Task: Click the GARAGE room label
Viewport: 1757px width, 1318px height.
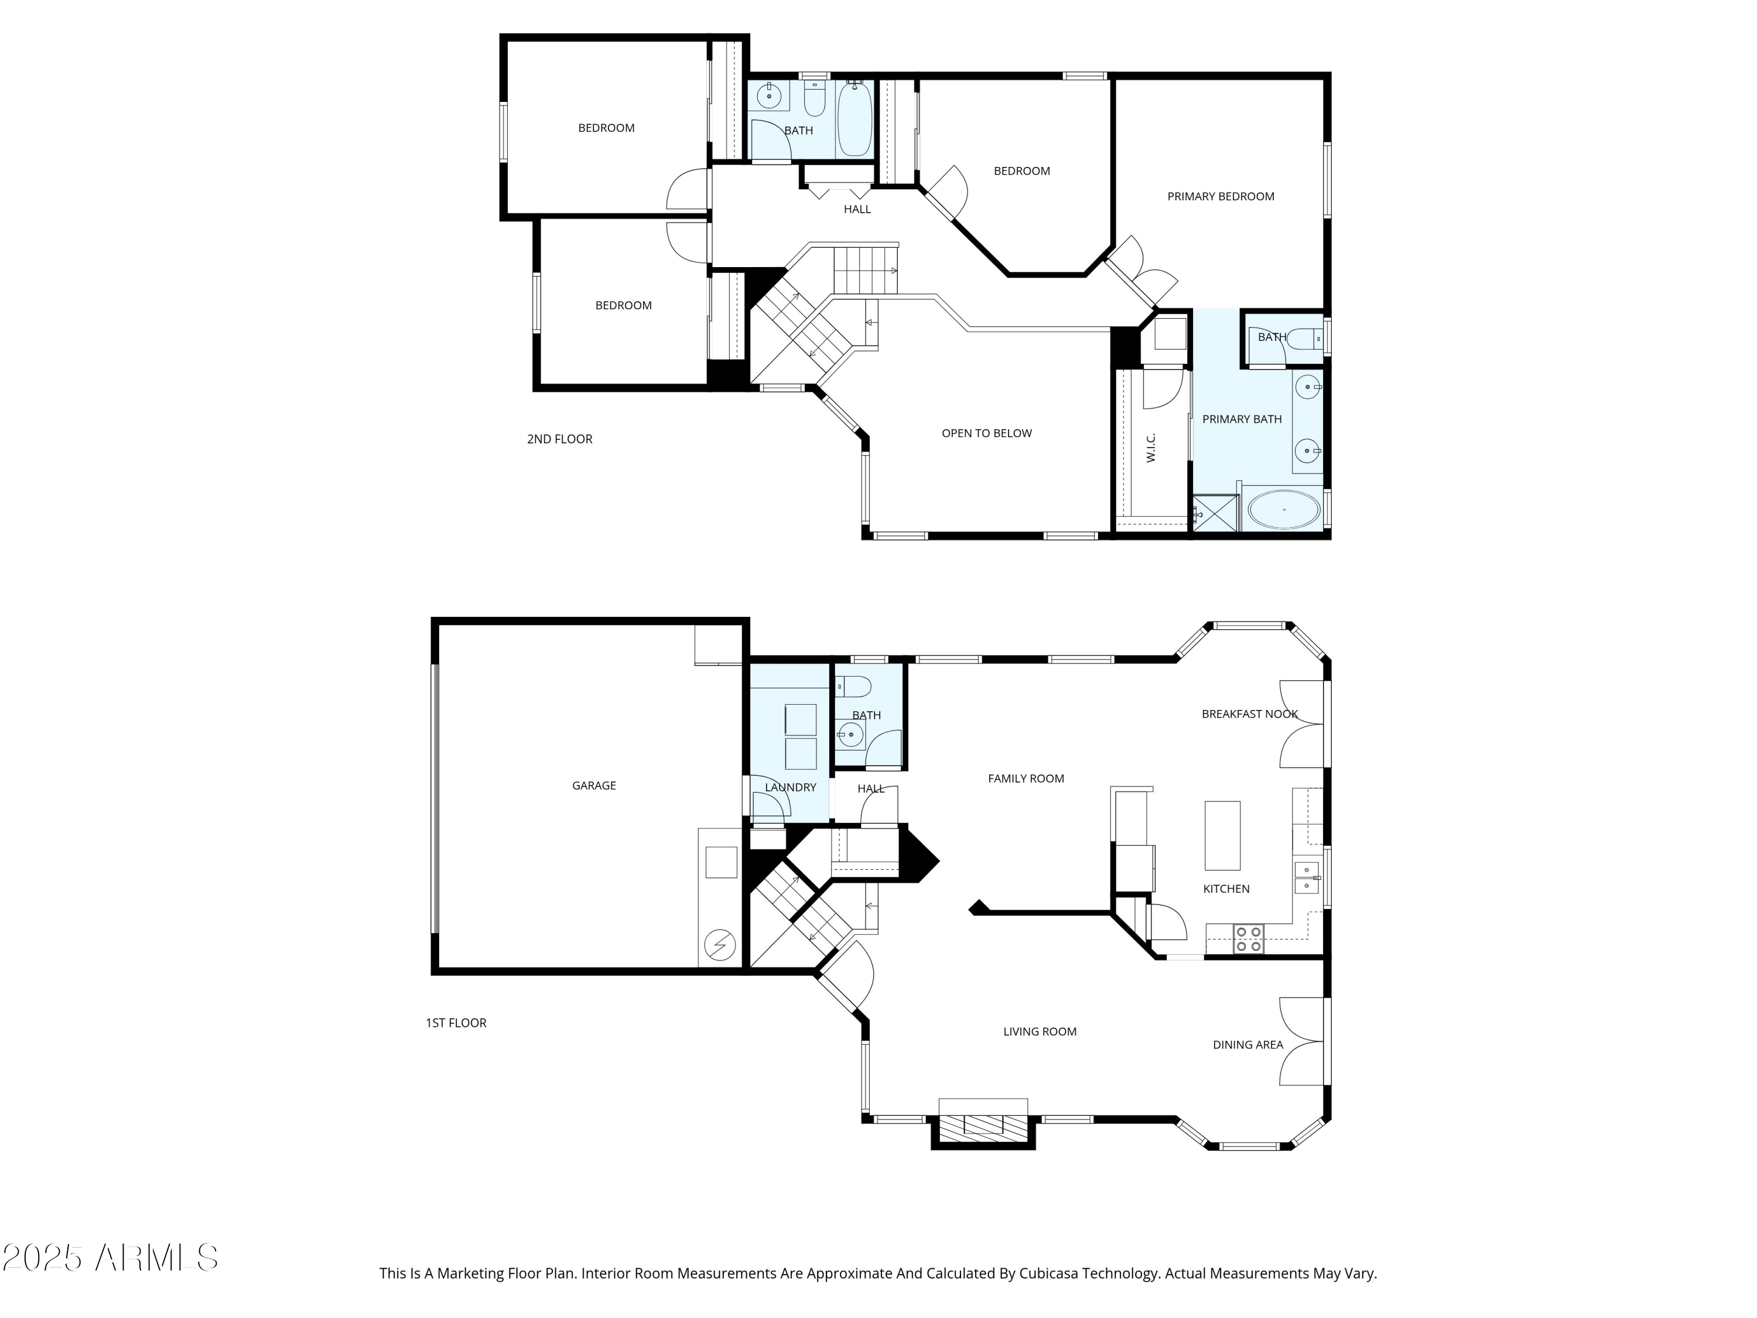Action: click(593, 786)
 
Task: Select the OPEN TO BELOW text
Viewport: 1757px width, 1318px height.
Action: click(986, 433)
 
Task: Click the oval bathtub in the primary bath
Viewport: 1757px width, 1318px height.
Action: click(1284, 509)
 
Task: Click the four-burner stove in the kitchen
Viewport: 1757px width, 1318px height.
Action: click(1249, 939)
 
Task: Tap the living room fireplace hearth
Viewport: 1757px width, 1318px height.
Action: click(983, 1124)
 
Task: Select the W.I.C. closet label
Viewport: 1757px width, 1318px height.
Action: click(1151, 448)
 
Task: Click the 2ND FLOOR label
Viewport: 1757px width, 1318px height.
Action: click(559, 439)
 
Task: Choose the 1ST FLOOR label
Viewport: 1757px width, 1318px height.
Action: click(456, 1022)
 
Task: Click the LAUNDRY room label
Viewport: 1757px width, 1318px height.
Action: click(790, 787)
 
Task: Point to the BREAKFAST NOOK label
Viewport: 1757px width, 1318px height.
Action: click(1249, 714)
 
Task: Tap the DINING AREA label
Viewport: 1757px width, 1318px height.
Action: click(1247, 1044)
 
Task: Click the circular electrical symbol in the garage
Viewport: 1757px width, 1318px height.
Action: click(720, 945)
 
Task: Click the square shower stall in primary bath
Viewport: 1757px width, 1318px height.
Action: click(1215, 513)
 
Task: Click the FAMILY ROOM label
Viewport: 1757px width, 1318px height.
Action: click(1026, 778)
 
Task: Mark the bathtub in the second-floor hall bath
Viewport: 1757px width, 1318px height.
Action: click(854, 119)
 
